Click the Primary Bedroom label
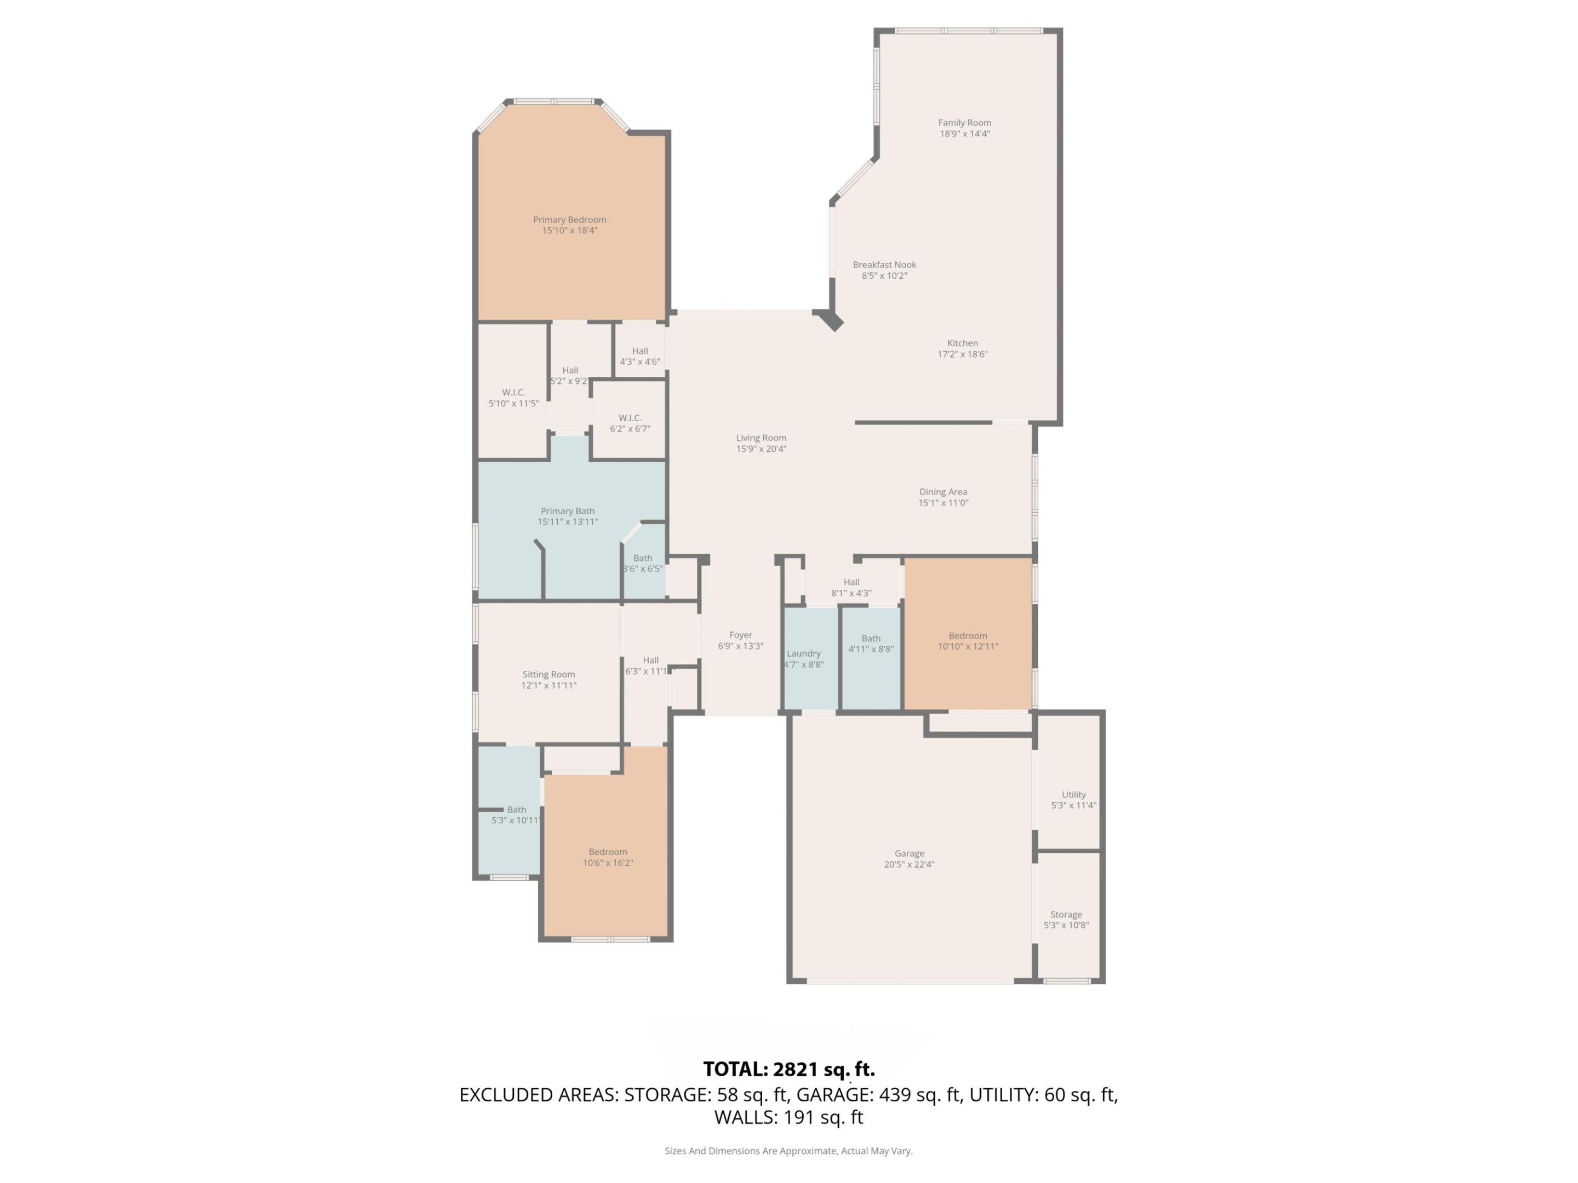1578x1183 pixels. click(x=569, y=220)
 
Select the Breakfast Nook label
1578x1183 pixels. click(x=884, y=265)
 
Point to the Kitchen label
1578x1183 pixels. click(x=962, y=343)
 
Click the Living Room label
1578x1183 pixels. click(x=761, y=438)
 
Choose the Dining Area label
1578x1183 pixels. click(x=942, y=491)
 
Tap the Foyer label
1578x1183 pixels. click(x=740, y=635)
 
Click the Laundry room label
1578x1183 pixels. click(x=803, y=653)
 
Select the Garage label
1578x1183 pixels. click(x=909, y=853)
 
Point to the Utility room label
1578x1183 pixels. click(x=1073, y=794)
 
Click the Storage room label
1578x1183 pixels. click(x=1066, y=914)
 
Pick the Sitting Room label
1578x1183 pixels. click(x=548, y=674)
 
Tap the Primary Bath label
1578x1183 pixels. click(x=567, y=510)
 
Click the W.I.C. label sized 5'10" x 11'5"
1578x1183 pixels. click(x=513, y=392)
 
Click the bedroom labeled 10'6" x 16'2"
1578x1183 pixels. click(x=608, y=852)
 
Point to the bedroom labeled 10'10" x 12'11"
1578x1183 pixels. click(x=967, y=635)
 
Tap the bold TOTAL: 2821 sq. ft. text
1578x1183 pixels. click(x=788, y=1069)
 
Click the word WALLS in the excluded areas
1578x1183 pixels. click(x=745, y=1117)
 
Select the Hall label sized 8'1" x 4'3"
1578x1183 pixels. click(x=851, y=582)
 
